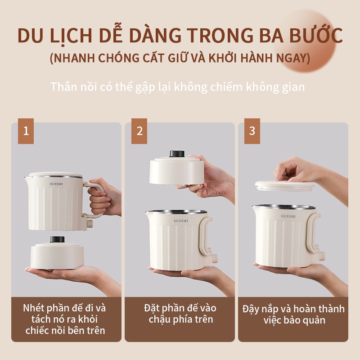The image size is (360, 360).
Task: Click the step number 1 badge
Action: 26,131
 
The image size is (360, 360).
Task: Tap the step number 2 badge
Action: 139,131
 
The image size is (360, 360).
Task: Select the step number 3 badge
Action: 252,131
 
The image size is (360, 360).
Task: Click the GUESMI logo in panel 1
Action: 56,184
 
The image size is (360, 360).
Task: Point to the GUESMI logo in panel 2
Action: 181,221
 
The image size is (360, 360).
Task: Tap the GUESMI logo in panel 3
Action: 288,216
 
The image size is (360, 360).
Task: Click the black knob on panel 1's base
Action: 58,239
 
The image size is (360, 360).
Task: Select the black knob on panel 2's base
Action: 177,153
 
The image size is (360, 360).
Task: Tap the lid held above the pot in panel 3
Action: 285,186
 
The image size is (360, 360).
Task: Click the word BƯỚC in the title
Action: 316,36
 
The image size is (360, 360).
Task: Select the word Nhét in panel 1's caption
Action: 35,308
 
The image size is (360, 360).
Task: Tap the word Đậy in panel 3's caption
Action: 251,309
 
